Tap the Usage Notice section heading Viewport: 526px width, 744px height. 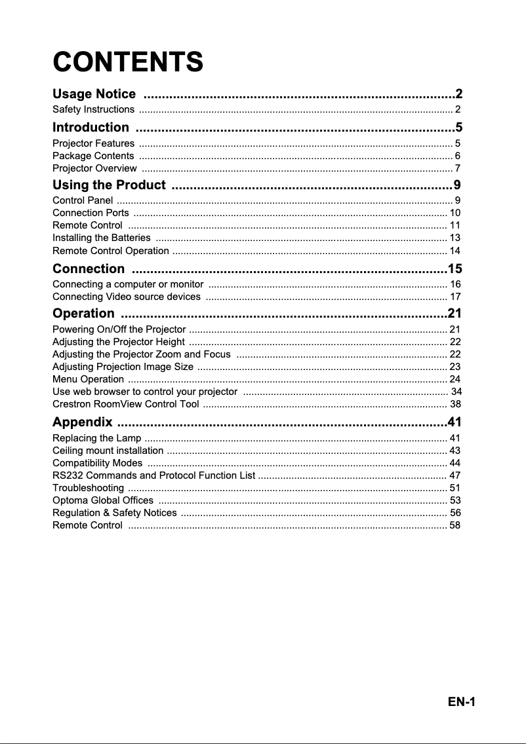click(x=94, y=94)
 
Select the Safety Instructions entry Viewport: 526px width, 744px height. click(x=94, y=109)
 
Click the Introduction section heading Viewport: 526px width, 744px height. click(x=91, y=127)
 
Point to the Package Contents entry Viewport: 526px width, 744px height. click(x=93, y=156)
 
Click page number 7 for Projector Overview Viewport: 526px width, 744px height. click(x=457, y=169)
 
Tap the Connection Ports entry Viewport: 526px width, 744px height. click(x=91, y=213)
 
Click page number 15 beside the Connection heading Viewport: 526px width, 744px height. click(x=455, y=269)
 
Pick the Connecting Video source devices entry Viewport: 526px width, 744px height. click(x=127, y=297)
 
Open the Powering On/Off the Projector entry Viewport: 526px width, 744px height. click(x=119, y=329)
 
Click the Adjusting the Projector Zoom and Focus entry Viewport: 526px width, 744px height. click(x=141, y=354)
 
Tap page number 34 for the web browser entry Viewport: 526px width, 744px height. click(x=455, y=392)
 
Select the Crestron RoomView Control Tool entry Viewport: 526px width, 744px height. click(x=126, y=404)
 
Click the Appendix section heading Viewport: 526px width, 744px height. click(x=83, y=422)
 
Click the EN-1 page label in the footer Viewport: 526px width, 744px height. click(x=461, y=702)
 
